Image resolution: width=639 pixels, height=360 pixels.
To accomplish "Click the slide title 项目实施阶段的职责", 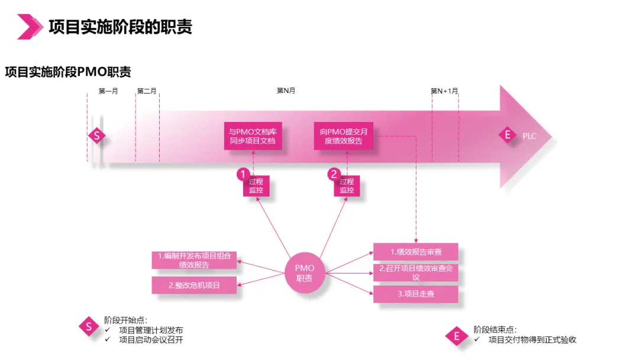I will pyautogui.click(x=120, y=27).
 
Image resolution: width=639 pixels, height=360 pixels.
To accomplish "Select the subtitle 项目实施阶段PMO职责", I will pyautogui.click(x=68, y=72).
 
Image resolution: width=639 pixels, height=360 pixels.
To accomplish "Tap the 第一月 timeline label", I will pyautogui.click(x=108, y=91).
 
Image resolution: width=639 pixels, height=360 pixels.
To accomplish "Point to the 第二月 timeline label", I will pyautogui.click(x=147, y=91).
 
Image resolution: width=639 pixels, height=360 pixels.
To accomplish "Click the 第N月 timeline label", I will pyautogui.click(x=286, y=91).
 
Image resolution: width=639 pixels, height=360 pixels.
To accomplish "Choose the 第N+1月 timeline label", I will pyautogui.click(x=444, y=91).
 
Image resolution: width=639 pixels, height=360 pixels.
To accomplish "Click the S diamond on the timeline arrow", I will pyautogui.click(x=96, y=136).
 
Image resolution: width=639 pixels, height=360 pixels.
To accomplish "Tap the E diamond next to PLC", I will pyautogui.click(x=506, y=135).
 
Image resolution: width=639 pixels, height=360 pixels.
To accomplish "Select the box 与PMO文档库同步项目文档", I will pyautogui.click(x=252, y=137).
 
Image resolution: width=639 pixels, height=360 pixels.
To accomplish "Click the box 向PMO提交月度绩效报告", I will pyautogui.click(x=344, y=137).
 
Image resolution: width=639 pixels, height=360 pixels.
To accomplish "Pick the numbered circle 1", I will pyautogui.click(x=242, y=174).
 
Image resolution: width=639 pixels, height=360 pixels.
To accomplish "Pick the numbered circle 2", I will pyautogui.click(x=334, y=174).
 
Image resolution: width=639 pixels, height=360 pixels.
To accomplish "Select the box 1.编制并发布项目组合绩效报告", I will pyautogui.click(x=194, y=261).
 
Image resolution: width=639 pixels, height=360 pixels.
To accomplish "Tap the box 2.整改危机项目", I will pyautogui.click(x=194, y=285).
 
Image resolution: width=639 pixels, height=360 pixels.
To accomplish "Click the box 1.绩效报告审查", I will pyautogui.click(x=415, y=252).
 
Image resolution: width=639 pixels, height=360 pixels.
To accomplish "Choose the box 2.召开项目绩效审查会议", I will pyautogui.click(x=415, y=272).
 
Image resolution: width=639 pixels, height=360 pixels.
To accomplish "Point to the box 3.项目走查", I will pyautogui.click(x=415, y=294).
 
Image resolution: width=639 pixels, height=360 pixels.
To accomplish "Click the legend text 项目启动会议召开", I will pyautogui.click(x=151, y=340).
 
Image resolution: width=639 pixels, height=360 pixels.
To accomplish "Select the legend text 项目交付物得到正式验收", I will pyautogui.click(x=532, y=340).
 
